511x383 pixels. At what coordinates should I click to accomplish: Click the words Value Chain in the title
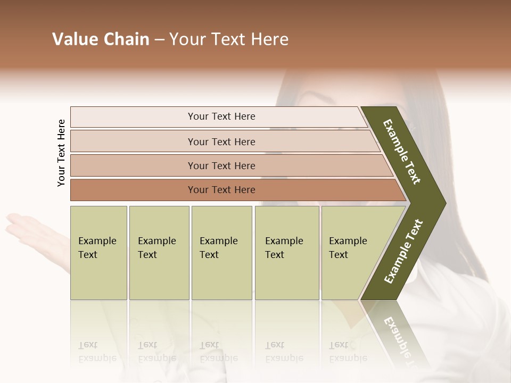101,39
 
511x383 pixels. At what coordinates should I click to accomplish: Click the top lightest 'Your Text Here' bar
221,116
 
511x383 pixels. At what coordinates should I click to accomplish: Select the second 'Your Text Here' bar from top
221,141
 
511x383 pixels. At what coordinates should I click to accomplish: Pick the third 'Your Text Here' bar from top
221,165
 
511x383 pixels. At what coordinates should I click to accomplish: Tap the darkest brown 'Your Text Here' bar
221,190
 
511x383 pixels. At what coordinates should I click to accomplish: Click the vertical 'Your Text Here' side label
61,153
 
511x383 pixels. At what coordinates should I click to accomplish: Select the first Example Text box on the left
98,253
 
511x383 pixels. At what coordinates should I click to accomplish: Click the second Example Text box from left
159,253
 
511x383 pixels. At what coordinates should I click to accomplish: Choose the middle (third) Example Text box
221,253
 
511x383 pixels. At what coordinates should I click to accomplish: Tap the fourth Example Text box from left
286,253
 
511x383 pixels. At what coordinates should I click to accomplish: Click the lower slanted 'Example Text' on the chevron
403,252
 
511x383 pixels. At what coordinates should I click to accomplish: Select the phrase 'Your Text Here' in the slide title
229,39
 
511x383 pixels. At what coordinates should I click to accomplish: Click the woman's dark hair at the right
468,160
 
